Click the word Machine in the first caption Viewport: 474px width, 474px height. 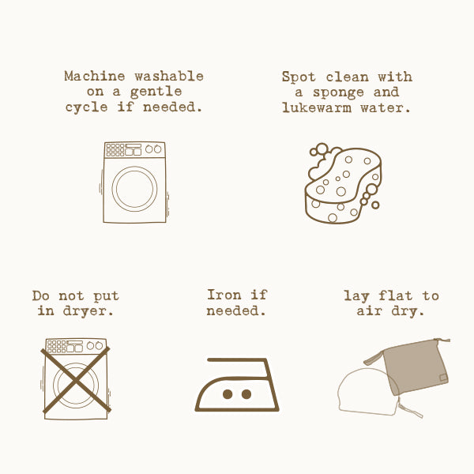click(95, 76)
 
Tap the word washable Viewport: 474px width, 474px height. click(169, 76)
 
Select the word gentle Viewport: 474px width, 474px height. click(156, 92)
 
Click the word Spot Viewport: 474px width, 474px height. click(299, 77)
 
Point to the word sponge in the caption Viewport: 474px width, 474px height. click(338, 93)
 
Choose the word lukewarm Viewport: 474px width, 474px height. click(317, 107)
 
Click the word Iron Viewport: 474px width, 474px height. click(224, 295)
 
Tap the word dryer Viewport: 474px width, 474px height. click(88, 311)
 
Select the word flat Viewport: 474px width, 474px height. click(396, 295)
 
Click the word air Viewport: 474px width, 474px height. click(370, 311)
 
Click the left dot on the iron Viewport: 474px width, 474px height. click(228, 394)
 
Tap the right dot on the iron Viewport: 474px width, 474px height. click(246, 394)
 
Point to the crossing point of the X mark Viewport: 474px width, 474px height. click(76, 380)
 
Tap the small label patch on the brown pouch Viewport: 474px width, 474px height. click(443, 378)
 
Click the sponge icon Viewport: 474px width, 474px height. click(344, 183)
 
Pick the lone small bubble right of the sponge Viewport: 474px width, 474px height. click(375, 205)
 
